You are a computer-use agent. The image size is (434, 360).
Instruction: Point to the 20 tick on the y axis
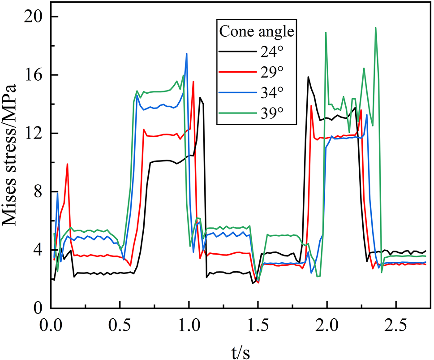pos(34,17)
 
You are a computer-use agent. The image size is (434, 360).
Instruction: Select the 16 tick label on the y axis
pos(34,75)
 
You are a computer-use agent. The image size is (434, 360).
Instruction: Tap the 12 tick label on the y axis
pos(34,134)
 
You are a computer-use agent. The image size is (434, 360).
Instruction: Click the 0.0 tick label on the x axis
pos(51,324)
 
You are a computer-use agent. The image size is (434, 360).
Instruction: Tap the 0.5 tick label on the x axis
pos(120,324)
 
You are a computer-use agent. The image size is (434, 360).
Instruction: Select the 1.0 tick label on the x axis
pos(189,324)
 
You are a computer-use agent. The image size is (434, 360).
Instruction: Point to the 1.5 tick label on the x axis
pos(258,324)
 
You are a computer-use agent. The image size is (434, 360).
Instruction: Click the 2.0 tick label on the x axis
pos(327,324)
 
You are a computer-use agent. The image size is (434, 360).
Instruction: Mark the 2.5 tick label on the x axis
pos(396,324)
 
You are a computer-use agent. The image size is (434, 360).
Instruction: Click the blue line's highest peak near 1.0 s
pos(187,54)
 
